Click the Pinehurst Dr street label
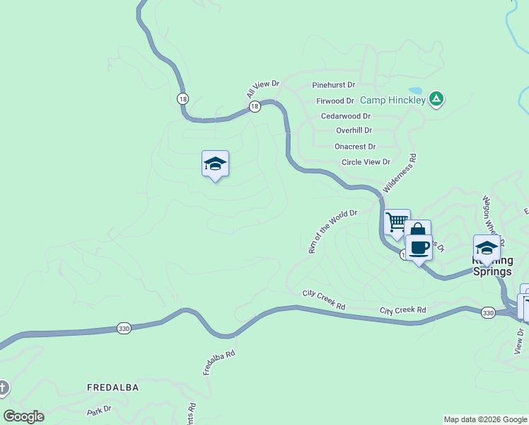[334, 85]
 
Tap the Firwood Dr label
[335, 101]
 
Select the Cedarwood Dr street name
[346, 116]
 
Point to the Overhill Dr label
[354, 131]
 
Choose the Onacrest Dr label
[355, 147]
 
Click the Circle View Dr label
[366, 162]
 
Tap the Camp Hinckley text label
[393, 100]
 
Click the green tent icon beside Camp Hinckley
[437, 98]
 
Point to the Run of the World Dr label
[333, 231]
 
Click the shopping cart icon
[397, 222]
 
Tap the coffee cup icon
[419, 247]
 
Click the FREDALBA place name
[112, 388]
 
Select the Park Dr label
[100, 410]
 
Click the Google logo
[23, 416]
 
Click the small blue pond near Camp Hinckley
[415, 91]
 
